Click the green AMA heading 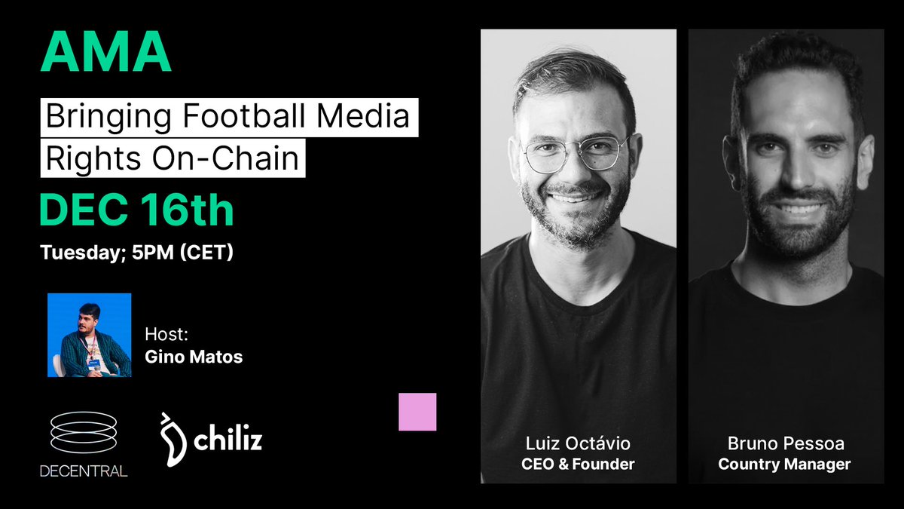(x=105, y=54)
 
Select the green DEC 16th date (x=136, y=210)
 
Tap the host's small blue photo (x=89, y=335)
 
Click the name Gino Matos (x=194, y=357)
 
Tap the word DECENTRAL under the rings (x=83, y=472)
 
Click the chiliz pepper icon (x=174, y=440)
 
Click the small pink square (x=417, y=412)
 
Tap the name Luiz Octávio (x=578, y=443)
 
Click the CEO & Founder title (x=578, y=464)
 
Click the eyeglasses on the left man (x=576, y=153)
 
